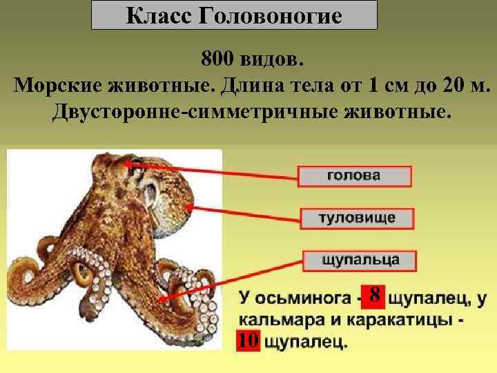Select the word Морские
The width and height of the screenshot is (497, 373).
[57, 86]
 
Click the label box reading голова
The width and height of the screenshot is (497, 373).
[353, 175]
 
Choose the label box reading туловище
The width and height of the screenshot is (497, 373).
[357, 218]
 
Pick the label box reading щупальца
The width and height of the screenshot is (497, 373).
[361, 260]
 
